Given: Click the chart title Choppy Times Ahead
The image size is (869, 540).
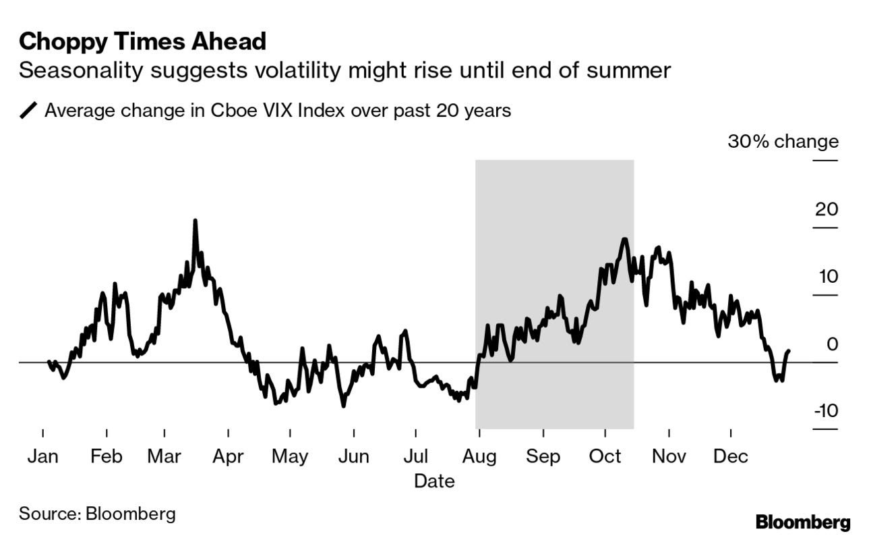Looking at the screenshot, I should click(x=142, y=42).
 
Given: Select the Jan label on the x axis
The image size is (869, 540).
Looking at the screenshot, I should click(x=42, y=457).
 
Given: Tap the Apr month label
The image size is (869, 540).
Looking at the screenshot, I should click(x=228, y=457).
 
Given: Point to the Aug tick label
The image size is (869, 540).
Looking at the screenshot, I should click(x=479, y=457).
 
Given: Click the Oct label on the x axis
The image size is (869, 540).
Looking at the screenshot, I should click(x=605, y=457).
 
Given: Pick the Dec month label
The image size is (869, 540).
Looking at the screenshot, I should click(x=731, y=457).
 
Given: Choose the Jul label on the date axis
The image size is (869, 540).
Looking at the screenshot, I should click(x=416, y=457).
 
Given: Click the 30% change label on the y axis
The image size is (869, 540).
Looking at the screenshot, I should click(x=783, y=142).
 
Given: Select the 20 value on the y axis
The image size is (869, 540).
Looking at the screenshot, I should click(x=826, y=209).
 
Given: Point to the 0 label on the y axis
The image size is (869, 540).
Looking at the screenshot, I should click(x=832, y=344).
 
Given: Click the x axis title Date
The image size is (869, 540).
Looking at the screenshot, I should click(x=434, y=481).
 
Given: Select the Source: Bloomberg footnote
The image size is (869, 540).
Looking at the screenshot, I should click(x=97, y=513).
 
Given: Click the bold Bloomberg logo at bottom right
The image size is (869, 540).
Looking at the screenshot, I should click(x=803, y=522).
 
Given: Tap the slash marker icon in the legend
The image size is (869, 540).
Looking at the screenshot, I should click(x=29, y=111).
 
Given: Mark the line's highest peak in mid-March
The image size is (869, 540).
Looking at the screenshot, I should click(x=195, y=221).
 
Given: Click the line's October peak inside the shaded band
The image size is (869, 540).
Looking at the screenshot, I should click(x=624, y=239).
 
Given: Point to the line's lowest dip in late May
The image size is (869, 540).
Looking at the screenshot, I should click(x=343, y=406).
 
